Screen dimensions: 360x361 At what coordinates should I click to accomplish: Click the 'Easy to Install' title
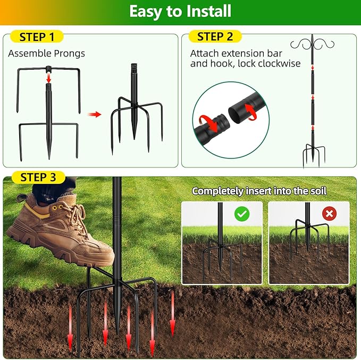coord(180,11)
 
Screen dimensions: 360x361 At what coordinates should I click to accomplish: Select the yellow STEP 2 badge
coord(215,37)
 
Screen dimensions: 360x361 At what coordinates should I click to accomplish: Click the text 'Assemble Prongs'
coord(46,53)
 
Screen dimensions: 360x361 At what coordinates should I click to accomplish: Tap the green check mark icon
coord(242,214)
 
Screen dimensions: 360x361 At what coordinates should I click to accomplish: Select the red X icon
coord(330,214)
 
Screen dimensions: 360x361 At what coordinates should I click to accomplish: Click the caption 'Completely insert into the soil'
coord(259,191)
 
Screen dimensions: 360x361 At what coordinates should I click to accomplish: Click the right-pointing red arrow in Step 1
coord(94,114)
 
